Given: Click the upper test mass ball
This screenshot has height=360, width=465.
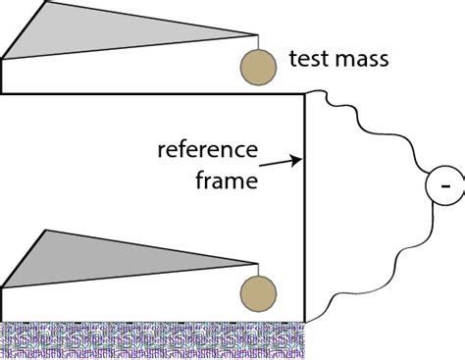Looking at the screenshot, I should [257, 65].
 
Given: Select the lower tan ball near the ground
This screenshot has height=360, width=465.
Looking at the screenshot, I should [258, 292].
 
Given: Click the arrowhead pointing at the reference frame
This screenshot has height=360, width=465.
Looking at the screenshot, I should [297, 157].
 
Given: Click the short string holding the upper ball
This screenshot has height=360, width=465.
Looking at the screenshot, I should [257, 43].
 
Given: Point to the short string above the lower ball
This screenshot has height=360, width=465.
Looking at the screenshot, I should [257, 271].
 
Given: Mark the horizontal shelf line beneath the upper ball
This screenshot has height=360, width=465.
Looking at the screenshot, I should [147, 93].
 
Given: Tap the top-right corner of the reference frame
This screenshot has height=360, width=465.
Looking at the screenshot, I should [305, 93].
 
